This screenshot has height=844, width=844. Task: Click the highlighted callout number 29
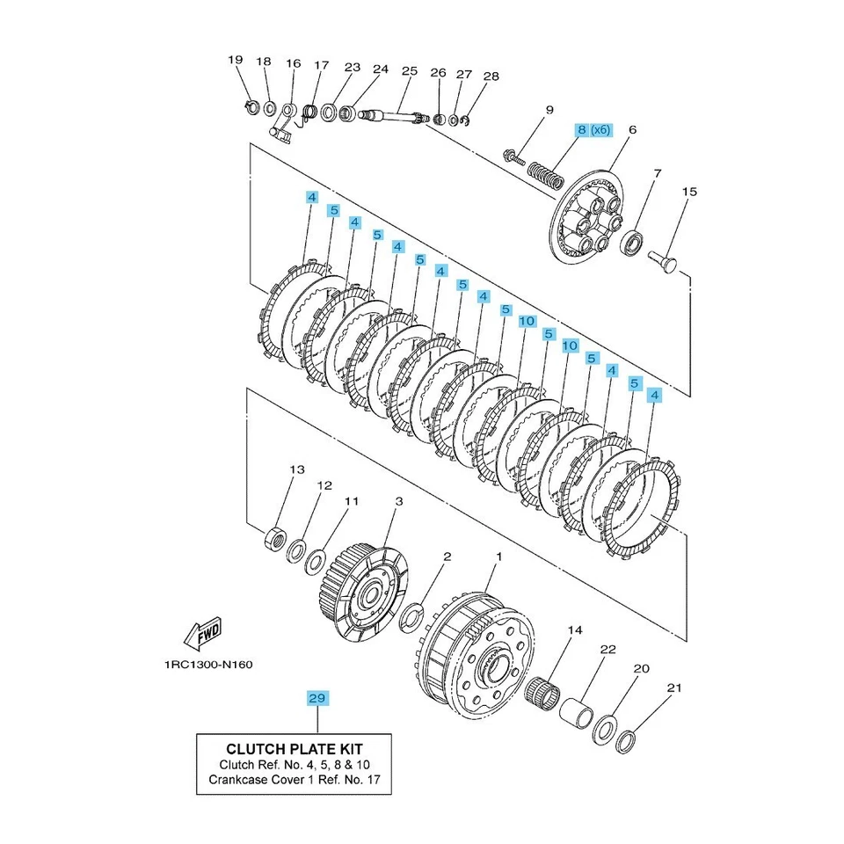click(316, 698)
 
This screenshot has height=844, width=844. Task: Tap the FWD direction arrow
click(202, 632)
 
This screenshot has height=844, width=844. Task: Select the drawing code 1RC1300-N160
click(207, 665)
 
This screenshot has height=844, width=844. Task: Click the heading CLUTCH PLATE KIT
click(293, 749)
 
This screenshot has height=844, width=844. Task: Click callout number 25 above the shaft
click(409, 70)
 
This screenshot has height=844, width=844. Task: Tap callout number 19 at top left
click(235, 60)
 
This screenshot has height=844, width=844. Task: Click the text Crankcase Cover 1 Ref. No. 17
click(293, 780)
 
